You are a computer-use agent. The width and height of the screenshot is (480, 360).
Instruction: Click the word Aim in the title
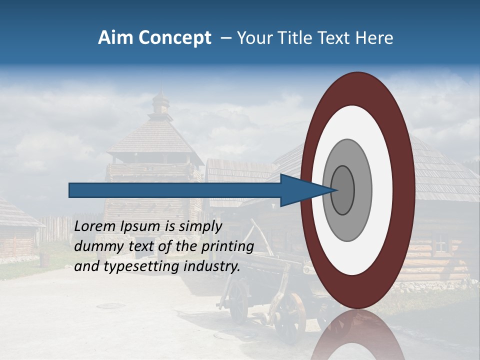click(x=115, y=38)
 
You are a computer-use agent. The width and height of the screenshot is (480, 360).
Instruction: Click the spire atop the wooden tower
click(x=161, y=100)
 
